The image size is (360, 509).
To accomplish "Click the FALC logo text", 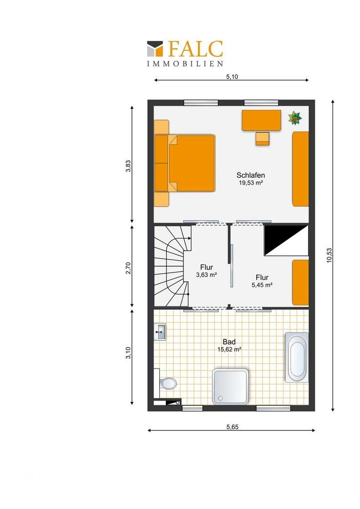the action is (x=196, y=49).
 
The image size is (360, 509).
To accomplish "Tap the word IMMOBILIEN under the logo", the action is (x=185, y=64).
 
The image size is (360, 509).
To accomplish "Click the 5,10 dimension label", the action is (x=232, y=77).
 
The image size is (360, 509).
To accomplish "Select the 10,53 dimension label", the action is (x=329, y=255).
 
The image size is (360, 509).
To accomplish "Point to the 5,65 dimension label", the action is (x=232, y=427).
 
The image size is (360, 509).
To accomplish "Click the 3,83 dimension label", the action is (x=129, y=166).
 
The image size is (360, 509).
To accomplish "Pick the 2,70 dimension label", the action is (x=129, y=268).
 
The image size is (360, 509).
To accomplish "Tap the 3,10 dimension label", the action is (x=129, y=353).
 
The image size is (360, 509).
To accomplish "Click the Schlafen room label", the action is (x=251, y=175).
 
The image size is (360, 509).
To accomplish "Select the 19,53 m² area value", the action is (x=251, y=183).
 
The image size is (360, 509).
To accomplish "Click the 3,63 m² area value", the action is (x=206, y=275).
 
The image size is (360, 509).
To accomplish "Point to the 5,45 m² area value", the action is (x=262, y=285).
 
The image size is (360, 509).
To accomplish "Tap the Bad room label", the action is (x=229, y=342).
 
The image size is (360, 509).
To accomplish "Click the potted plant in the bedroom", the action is (x=295, y=118).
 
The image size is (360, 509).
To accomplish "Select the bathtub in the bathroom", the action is (x=297, y=357).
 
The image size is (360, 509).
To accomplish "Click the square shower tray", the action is (x=230, y=386).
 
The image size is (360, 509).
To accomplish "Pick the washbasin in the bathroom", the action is (x=160, y=332).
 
